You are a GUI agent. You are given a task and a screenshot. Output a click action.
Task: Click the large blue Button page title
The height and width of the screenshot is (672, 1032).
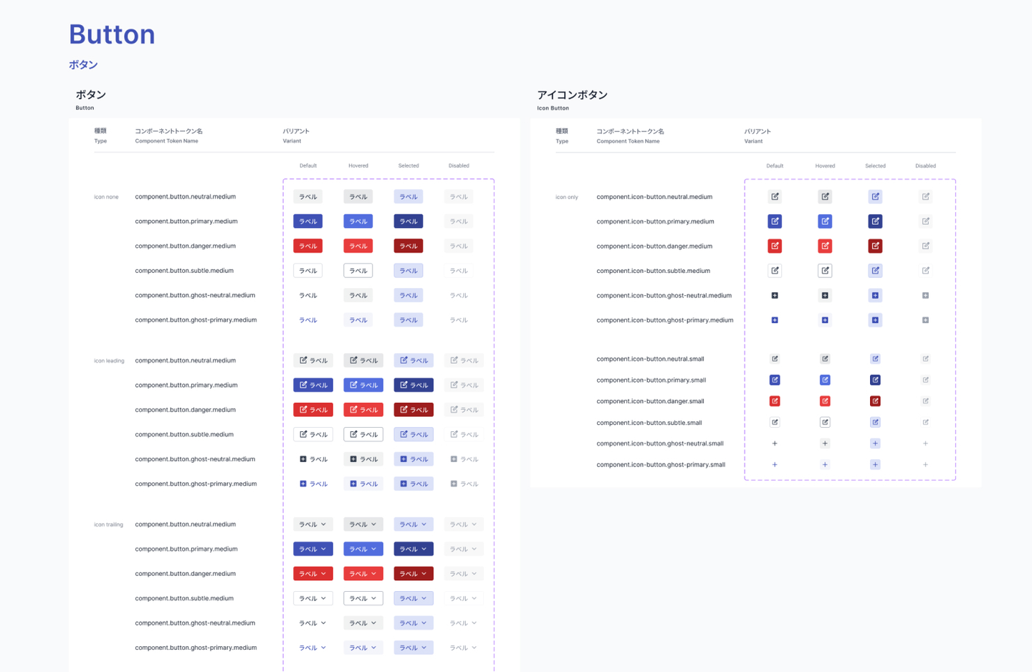tap(112, 34)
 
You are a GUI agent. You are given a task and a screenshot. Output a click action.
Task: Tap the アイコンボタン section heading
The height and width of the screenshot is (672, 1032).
tap(572, 95)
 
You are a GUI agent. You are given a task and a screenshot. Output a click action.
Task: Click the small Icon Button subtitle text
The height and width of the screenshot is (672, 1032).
tap(553, 108)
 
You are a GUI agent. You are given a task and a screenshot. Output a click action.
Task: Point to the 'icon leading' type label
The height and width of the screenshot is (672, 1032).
tap(109, 361)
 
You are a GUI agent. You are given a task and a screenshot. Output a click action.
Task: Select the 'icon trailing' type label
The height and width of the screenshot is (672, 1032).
tap(108, 524)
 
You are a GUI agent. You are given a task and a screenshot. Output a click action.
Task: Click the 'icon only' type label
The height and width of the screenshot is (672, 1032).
tap(566, 197)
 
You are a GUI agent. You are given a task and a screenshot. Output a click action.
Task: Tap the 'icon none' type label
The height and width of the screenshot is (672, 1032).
tap(106, 197)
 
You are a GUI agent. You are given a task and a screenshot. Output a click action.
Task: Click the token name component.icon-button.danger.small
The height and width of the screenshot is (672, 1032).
tap(650, 401)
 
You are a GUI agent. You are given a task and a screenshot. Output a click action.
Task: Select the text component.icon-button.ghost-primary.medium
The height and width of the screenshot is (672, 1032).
tap(664, 320)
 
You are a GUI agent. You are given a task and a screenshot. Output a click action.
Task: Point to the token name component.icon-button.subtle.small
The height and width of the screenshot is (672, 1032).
tap(649, 423)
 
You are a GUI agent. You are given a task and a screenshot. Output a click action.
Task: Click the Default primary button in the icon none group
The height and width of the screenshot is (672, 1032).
tap(307, 221)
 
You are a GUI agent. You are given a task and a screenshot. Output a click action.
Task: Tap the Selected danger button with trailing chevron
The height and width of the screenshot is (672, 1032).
tap(414, 574)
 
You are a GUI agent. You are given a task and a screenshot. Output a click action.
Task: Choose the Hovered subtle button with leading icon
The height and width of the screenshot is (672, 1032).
tap(363, 435)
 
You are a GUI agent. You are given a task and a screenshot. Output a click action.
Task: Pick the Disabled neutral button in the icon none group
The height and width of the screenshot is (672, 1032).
tap(459, 197)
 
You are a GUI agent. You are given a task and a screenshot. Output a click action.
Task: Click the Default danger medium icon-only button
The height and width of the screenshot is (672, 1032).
tap(775, 246)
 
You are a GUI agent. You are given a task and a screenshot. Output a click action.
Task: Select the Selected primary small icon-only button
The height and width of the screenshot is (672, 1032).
tap(875, 380)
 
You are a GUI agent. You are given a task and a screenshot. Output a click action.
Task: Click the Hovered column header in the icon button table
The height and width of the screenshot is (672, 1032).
tap(825, 166)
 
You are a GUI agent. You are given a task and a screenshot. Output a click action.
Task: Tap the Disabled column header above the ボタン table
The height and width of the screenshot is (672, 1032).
tap(459, 166)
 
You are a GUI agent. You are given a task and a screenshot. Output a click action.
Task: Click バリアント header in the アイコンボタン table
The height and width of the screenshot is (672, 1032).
tap(757, 132)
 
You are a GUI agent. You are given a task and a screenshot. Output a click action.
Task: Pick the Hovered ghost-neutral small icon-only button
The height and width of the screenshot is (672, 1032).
tap(825, 443)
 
